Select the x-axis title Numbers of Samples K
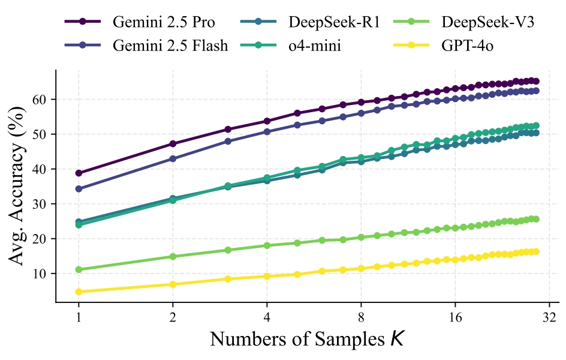[x=307, y=339]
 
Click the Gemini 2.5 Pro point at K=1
[x=79, y=173]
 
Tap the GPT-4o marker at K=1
[x=79, y=292]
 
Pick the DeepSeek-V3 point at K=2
[x=173, y=256]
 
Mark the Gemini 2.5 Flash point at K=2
[x=173, y=159]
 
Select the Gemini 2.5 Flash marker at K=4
[x=267, y=131]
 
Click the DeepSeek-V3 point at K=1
[x=79, y=269]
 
